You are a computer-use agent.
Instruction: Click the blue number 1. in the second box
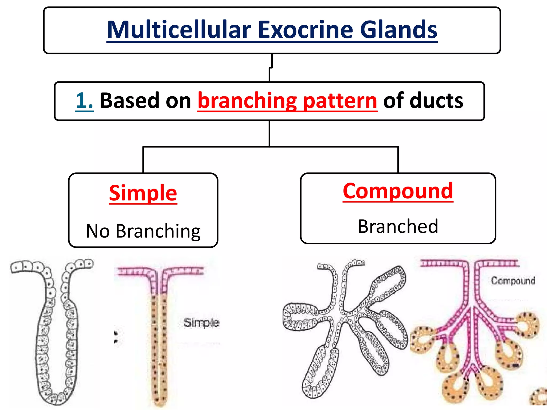click(84, 101)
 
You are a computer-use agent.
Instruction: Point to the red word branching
click(247, 101)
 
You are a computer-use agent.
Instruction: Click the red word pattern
click(340, 101)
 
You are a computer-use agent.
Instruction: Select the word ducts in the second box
click(436, 101)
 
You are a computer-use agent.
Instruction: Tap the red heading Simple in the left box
click(143, 193)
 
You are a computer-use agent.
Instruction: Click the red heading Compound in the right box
click(398, 191)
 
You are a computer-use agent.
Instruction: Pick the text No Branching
click(143, 231)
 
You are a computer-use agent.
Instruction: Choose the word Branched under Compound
click(398, 226)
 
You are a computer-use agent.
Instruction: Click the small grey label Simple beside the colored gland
click(201, 323)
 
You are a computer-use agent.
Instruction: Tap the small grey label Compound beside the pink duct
click(513, 281)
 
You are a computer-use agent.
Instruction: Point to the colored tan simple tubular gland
click(159, 347)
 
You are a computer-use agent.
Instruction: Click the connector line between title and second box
click(270, 68)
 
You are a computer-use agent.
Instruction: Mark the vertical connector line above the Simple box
click(143, 160)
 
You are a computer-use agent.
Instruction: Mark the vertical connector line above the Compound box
click(398, 160)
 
